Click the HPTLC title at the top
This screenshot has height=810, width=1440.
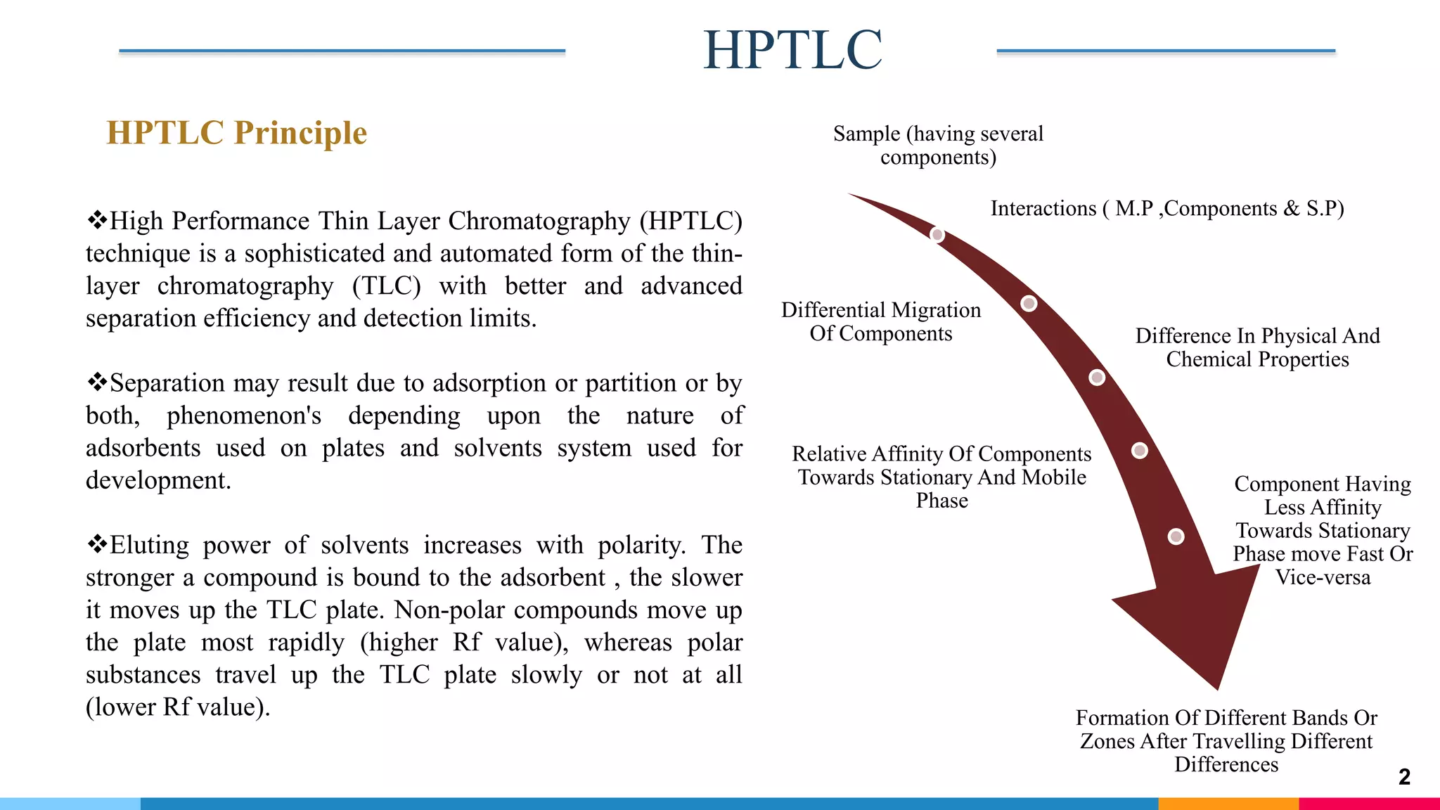[x=792, y=50]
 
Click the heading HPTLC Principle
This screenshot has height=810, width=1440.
[x=236, y=133]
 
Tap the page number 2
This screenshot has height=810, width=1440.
[x=1404, y=776]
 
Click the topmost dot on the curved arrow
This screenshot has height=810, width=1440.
[x=937, y=234]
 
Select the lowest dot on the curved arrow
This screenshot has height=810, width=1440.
[x=1176, y=536]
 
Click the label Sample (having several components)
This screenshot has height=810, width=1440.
[x=938, y=145]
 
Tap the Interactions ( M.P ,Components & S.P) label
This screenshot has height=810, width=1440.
[x=1167, y=208]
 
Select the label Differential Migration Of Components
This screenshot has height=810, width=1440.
[x=880, y=321]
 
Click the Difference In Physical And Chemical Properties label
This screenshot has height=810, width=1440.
[x=1257, y=347]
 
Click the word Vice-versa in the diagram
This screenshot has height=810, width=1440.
[x=1323, y=577]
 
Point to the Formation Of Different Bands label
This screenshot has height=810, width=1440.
[x=1226, y=740]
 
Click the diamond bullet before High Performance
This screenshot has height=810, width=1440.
[x=96, y=220]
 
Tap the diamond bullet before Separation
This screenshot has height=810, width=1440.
[x=96, y=382]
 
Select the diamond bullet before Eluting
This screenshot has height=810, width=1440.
[x=96, y=544]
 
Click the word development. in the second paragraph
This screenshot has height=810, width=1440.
[x=158, y=480]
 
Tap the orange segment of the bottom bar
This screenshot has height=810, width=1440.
[x=1228, y=803]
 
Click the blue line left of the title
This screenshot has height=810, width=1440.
[x=342, y=51]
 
